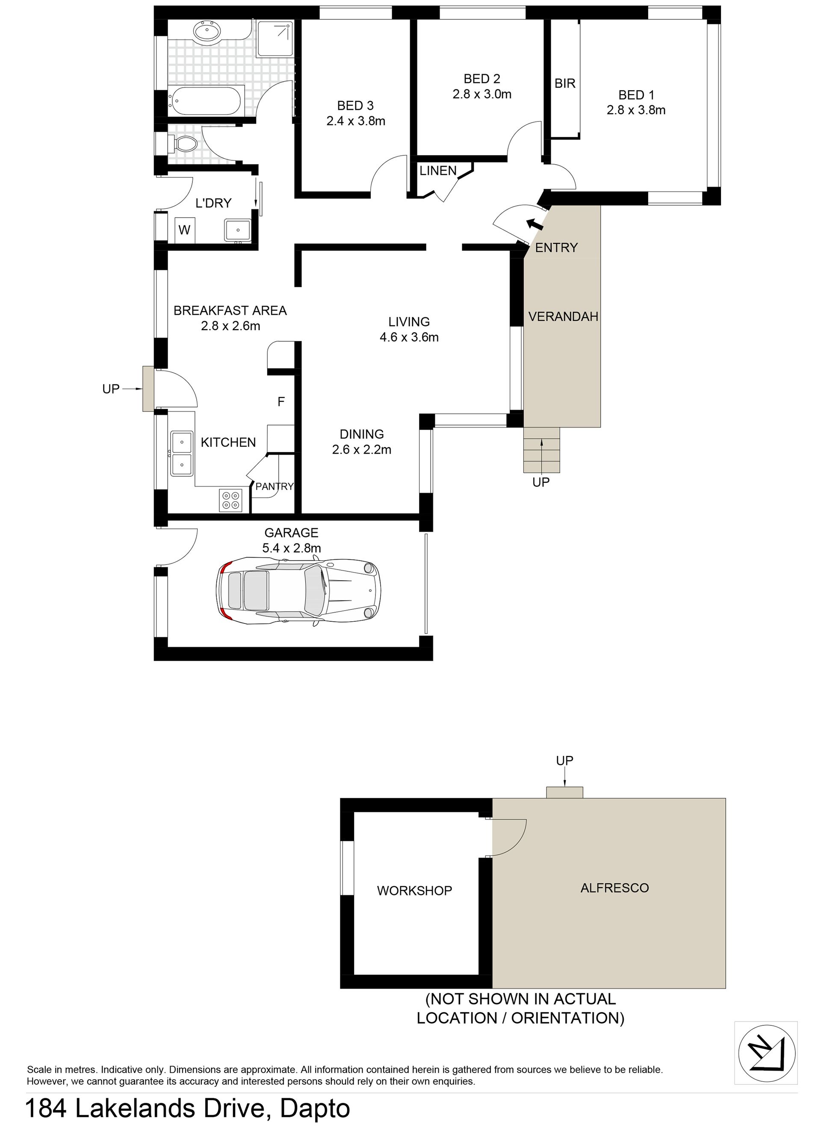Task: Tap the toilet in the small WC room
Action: click(183, 145)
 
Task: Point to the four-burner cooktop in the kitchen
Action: click(230, 500)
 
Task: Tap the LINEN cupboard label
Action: click(438, 171)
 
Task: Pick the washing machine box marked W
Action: click(185, 230)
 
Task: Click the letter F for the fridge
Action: click(281, 402)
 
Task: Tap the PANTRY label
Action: click(275, 486)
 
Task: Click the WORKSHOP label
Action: click(414, 891)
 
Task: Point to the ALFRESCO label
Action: click(614, 888)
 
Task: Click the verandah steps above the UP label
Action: click(542, 450)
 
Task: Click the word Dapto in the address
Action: click(315, 1110)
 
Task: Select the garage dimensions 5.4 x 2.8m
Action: click(292, 549)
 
